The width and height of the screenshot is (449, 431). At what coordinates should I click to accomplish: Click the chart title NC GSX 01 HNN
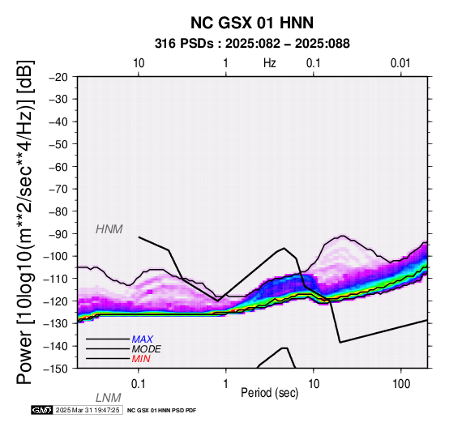(252, 23)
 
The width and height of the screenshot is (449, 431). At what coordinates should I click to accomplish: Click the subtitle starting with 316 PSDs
(252, 44)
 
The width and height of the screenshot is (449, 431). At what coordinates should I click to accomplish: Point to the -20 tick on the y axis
(58, 77)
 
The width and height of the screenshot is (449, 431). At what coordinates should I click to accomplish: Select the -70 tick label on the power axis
(58, 189)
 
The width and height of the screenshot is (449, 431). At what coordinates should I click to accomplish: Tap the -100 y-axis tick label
(56, 256)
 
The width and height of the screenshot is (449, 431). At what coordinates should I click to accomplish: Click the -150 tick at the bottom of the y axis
(56, 369)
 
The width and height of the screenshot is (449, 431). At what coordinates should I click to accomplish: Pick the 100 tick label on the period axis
(401, 384)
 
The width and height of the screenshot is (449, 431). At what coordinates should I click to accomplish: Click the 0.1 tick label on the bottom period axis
(139, 384)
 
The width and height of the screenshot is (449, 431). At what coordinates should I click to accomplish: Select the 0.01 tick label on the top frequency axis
(400, 63)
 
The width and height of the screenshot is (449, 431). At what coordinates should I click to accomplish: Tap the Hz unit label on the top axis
(269, 63)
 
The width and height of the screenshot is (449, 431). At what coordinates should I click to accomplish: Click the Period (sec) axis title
(269, 393)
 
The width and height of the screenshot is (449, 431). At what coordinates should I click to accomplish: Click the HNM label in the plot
(109, 229)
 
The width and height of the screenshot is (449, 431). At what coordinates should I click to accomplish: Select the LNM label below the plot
(109, 398)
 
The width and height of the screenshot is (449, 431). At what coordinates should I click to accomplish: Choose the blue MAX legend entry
(143, 339)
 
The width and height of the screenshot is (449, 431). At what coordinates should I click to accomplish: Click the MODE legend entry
(147, 349)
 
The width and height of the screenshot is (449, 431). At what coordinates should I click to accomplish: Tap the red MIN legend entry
(141, 359)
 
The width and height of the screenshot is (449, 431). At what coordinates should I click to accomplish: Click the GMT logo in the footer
(42, 410)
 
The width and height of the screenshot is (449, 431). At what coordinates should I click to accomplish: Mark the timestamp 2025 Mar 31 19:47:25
(88, 410)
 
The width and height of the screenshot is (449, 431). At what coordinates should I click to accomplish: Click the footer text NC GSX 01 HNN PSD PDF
(162, 411)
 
